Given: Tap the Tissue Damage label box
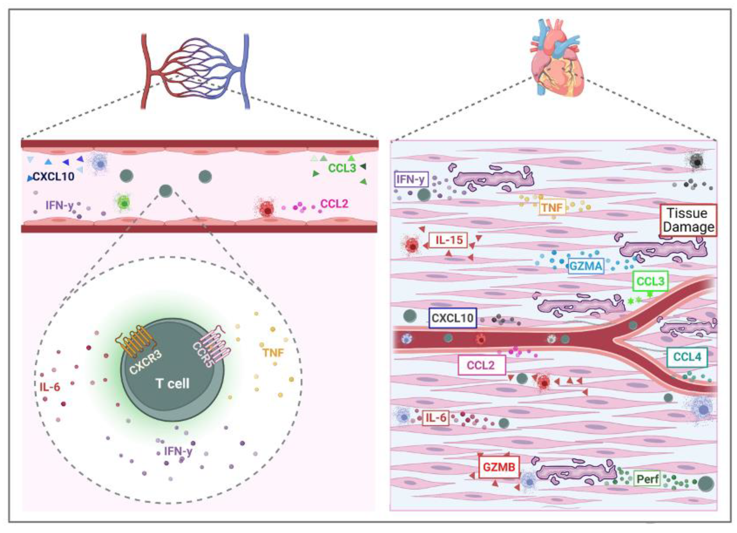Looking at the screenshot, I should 688,220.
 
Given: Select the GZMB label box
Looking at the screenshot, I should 499,467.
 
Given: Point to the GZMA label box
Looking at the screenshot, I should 586,266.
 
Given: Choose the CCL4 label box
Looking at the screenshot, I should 687,357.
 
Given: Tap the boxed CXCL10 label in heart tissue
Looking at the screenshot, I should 452,318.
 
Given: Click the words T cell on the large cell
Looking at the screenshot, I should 173,384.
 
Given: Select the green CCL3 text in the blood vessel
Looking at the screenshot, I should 342,168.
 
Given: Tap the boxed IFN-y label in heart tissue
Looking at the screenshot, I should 411,179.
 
